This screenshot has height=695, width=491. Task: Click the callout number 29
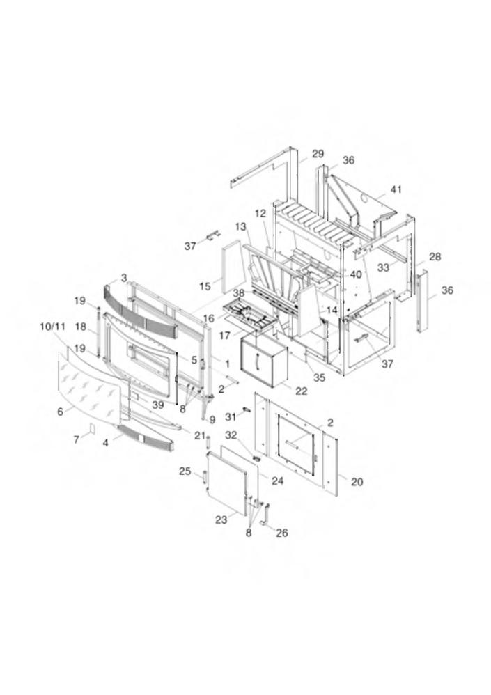point(318,154)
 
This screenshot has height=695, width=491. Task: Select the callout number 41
point(396,189)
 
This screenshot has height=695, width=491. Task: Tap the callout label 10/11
point(53,327)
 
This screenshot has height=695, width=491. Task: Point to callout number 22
point(301,391)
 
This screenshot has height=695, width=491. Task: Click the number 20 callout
point(357,481)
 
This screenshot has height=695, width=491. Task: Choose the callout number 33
point(383,267)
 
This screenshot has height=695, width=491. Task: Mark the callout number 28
point(435,257)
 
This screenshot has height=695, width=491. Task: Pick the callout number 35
point(319,377)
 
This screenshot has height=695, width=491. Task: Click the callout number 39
point(158,405)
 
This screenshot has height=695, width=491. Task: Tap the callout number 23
point(221,520)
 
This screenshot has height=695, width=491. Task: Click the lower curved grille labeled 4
point(144,438)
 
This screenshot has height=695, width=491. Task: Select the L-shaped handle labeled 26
point(267,514)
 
